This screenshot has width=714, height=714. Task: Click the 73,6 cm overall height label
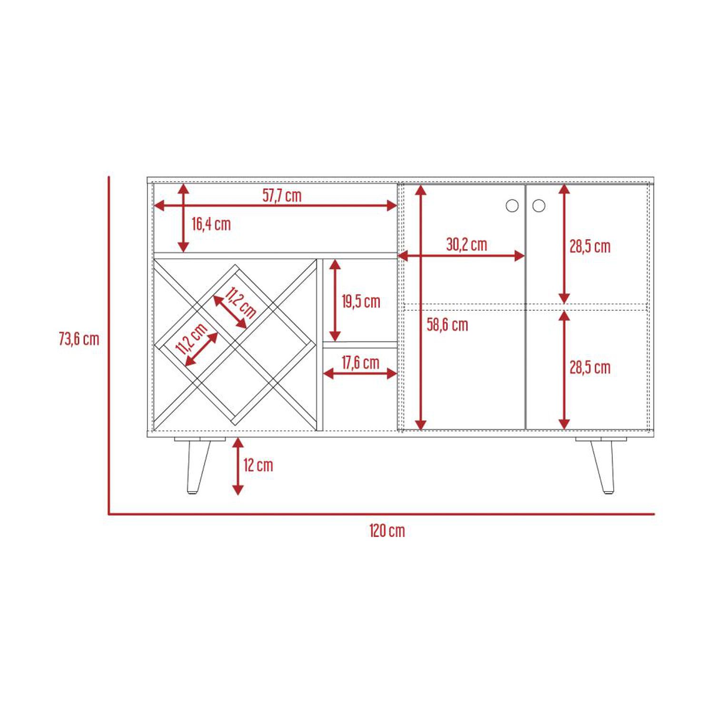coord(79,339)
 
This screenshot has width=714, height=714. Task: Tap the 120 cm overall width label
coord(387,531)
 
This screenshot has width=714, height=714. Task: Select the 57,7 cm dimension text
coord(282,195)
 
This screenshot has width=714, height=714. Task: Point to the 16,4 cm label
coord(211,224)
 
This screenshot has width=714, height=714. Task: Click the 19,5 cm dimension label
coord(361,301)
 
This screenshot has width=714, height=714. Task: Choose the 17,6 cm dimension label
coord(360,363)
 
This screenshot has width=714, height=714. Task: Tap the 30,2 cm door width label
coord(466,244)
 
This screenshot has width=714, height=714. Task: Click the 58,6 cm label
coord(447,325)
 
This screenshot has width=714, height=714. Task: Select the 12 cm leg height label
coord(258,465)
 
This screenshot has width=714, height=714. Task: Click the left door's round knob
coord(512,206)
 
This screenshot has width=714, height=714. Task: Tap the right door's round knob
coord(539,206)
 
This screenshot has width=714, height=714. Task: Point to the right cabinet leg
coord(602,465)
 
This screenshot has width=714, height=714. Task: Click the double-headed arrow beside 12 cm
coord(238,466)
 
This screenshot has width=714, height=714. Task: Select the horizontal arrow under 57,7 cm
coord(276,206)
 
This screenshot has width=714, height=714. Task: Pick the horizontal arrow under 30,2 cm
coord(461,256)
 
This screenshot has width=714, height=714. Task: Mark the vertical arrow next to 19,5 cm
coord(335,300)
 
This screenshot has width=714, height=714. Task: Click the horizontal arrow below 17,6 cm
coord(360,374)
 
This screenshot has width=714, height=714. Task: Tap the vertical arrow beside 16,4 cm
coord(184,218)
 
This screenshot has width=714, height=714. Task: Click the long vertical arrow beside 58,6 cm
coord(420,307)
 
